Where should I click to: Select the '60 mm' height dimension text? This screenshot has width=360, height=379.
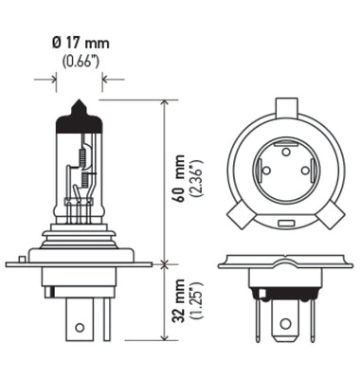[179, 180]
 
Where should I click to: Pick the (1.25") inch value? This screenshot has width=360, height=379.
[195, 300]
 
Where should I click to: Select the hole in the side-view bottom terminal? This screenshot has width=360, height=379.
[80, 328]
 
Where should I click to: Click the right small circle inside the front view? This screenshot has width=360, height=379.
[304, 171]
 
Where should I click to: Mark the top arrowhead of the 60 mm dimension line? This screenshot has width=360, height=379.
[165, 101]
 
